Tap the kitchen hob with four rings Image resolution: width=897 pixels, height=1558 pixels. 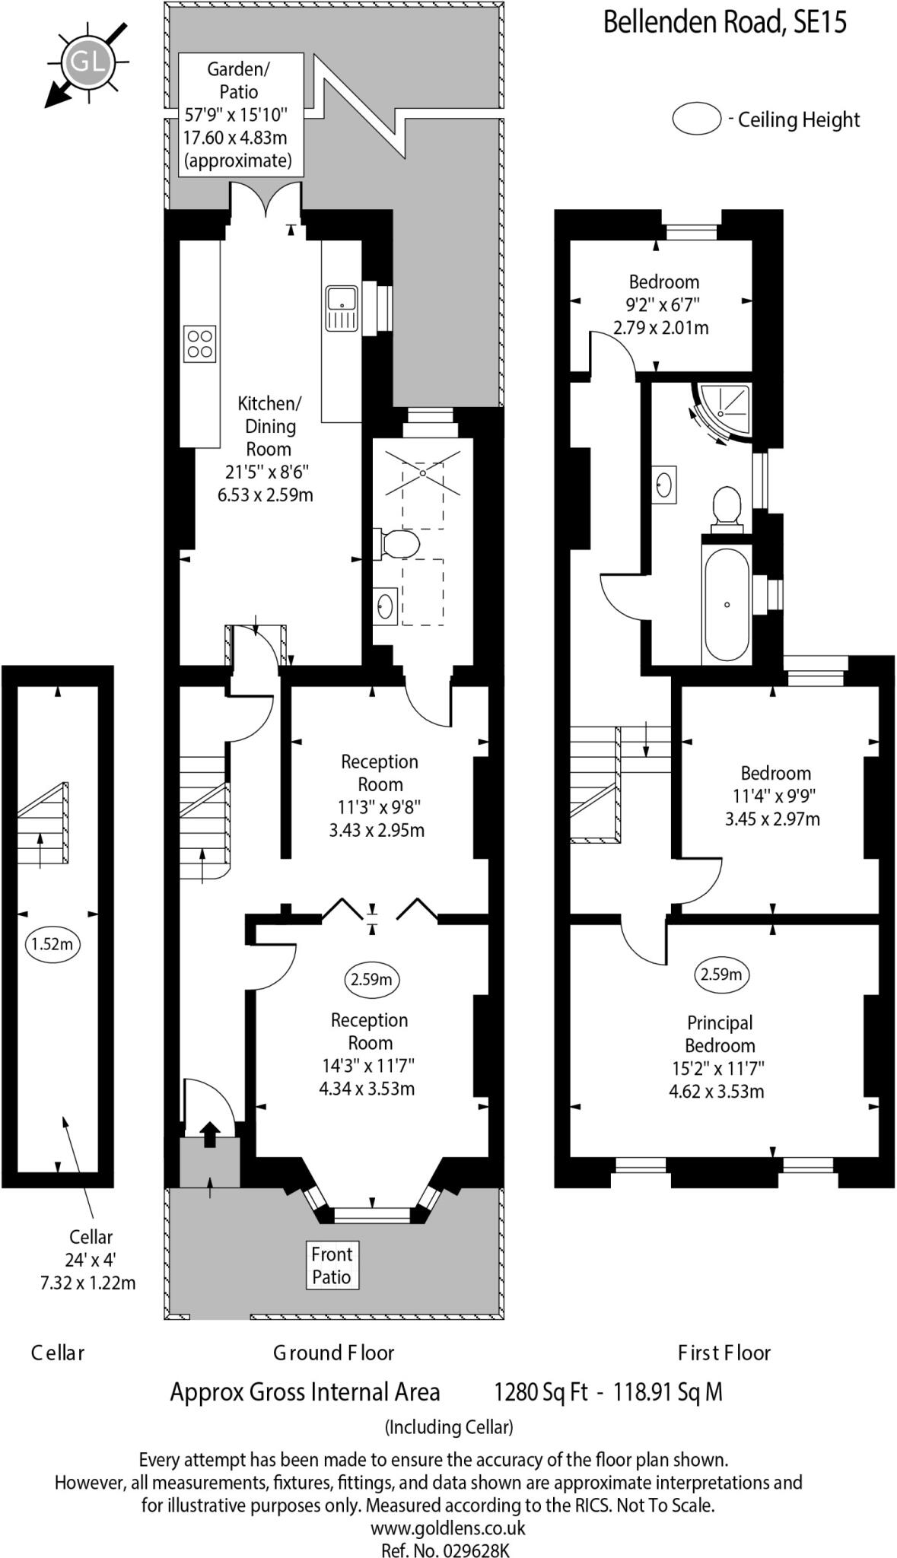(x=200, y=343)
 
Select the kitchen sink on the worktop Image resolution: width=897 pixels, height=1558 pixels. (x=342, y=309)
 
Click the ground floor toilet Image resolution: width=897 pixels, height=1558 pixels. (x=399, y=545)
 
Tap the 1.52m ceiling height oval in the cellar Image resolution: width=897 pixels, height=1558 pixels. (x=52, y=944)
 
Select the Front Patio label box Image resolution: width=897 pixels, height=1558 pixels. (x=332, y=1265)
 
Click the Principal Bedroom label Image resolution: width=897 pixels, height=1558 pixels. (x=720, y=1034)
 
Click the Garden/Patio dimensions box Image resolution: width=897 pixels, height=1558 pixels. (x=241, y=115)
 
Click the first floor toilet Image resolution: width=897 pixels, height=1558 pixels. (x=727, y=506)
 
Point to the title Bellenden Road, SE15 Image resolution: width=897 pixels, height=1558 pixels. (x=724, y=22)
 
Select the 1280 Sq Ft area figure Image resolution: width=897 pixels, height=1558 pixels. (x=540, y=1392)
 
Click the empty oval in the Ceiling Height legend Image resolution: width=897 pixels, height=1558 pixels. (x=696, y=119)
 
